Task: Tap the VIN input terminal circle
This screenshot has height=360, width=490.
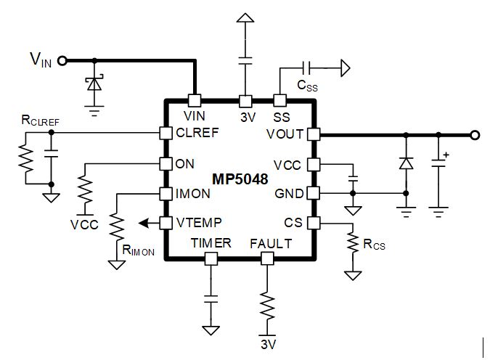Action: [x=62, y=61]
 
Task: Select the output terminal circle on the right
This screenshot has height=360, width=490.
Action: [x=474, y=134]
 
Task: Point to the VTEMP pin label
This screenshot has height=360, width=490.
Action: [x=198, y=223]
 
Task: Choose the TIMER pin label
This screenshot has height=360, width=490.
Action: [x=211, y=243]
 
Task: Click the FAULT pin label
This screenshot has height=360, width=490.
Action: [x=270, y=243]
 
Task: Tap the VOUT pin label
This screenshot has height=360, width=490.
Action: [x=284, y=134]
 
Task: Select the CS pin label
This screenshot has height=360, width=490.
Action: [x=293, y=223]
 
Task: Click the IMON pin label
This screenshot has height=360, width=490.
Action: [x=192, y=194]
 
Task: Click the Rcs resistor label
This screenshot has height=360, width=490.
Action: [x=375, y=245]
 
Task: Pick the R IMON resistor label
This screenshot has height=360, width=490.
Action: [x=139, y=252]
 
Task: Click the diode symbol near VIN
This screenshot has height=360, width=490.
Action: [x=93, y=84]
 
